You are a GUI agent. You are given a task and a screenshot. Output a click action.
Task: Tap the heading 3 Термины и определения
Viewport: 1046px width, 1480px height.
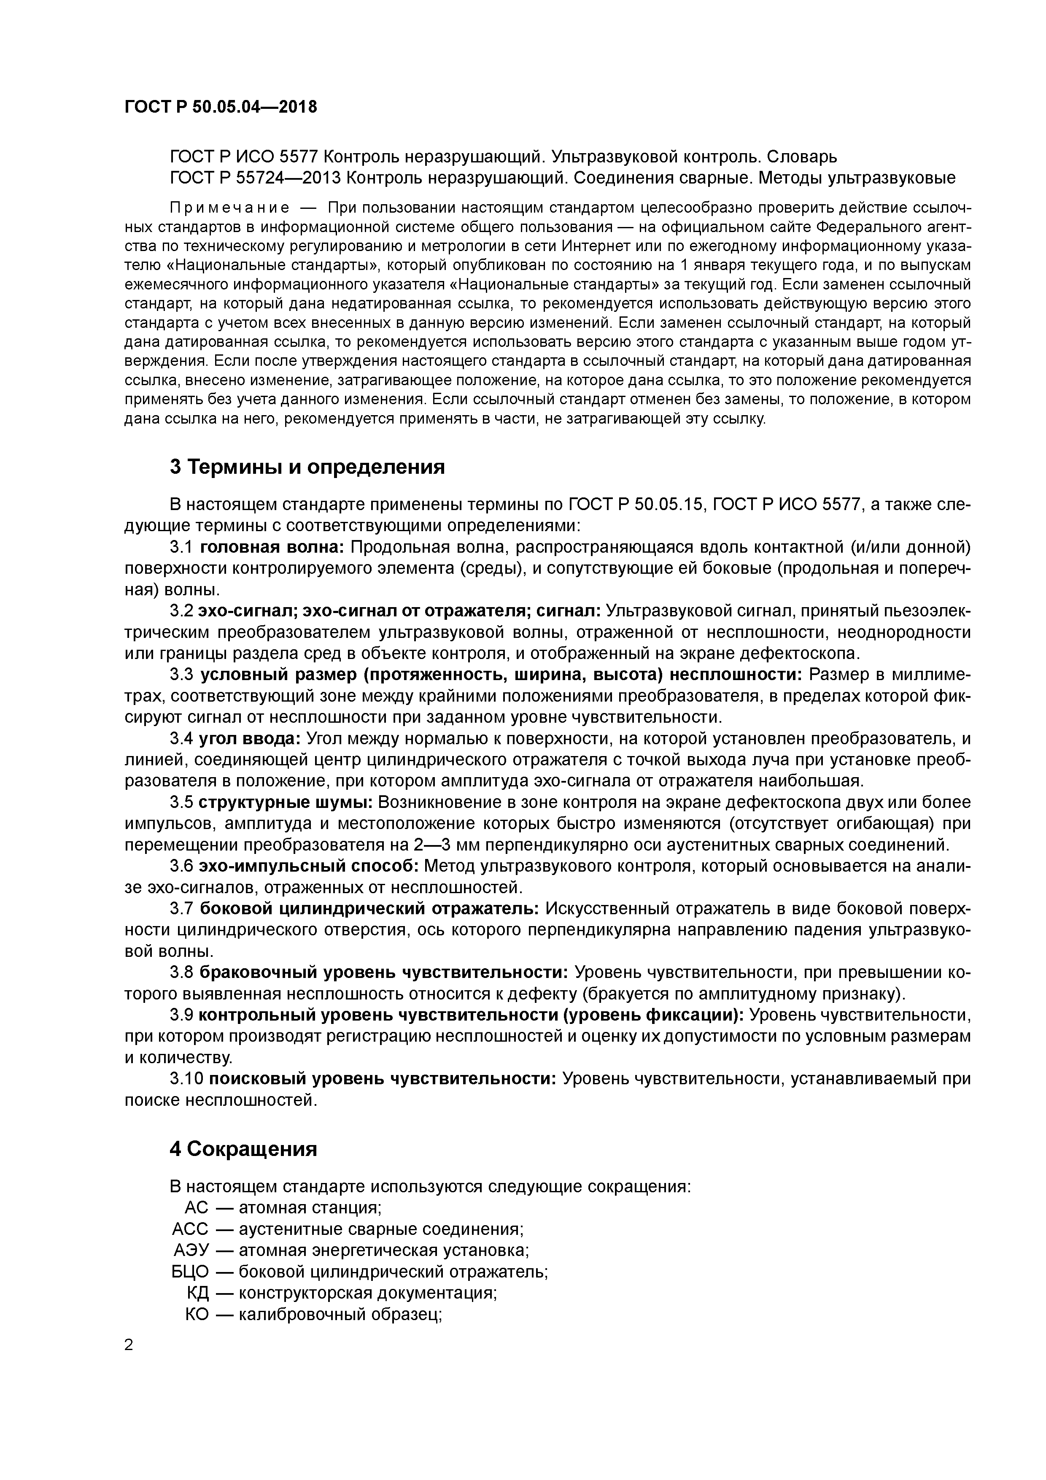pos(307,467)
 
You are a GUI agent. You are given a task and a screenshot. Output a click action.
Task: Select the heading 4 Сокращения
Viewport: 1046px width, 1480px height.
pos(244,1149)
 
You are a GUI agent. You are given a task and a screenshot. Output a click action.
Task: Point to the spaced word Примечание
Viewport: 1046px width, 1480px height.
pos(229,208)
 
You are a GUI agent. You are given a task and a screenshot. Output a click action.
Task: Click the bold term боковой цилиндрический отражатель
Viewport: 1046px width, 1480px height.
pos(370,909)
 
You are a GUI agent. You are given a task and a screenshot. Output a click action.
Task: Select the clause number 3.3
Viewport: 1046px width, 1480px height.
pos(182,675)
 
